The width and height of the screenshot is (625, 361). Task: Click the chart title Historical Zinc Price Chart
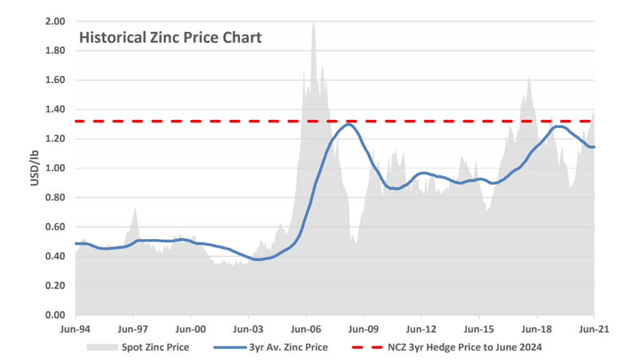(x=170, y=37)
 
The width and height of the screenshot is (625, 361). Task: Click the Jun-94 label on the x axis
(x=76, y=328)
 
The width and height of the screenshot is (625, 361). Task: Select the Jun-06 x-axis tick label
(x=306, y=328)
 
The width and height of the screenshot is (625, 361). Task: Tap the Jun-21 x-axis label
(x=594, y=328)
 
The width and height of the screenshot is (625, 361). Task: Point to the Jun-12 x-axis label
(x=421, y=328)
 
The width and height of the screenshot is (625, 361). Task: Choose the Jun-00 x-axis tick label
(x=191, y=328)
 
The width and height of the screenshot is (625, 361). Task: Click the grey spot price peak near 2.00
(x=313, y=22)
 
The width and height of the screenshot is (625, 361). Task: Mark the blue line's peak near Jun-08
(x=348, y=124)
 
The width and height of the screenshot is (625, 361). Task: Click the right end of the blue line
(x=593, y=147)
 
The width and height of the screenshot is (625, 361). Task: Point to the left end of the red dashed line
(x=76, y=121)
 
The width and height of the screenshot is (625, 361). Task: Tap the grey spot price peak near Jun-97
(x=135, y=207)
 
